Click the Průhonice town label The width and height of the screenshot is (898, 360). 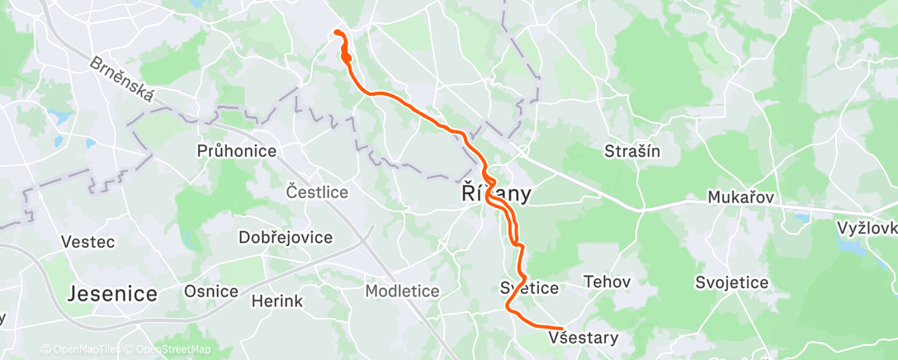coord(236,151)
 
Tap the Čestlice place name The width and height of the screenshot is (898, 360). coord(317,192)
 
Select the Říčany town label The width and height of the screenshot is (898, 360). coord(495,195)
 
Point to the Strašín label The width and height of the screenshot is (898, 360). coord(632,151)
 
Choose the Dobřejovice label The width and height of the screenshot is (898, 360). coord(286,238)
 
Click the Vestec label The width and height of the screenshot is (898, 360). coord(87,243)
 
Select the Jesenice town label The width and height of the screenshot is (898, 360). coord(112,293)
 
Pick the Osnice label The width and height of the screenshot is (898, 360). coord(210,291)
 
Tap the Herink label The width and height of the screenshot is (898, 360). coord(277,301)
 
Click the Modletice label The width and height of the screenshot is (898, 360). coord(402,291)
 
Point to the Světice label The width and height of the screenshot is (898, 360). coord(530,288)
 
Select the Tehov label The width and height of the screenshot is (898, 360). coord(607,282)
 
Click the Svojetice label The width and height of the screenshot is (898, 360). coord(732,282)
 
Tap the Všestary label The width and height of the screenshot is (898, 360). coord(583,338)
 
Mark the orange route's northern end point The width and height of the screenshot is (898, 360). coord(335,31)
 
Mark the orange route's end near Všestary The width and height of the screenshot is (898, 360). coord(561,329)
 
